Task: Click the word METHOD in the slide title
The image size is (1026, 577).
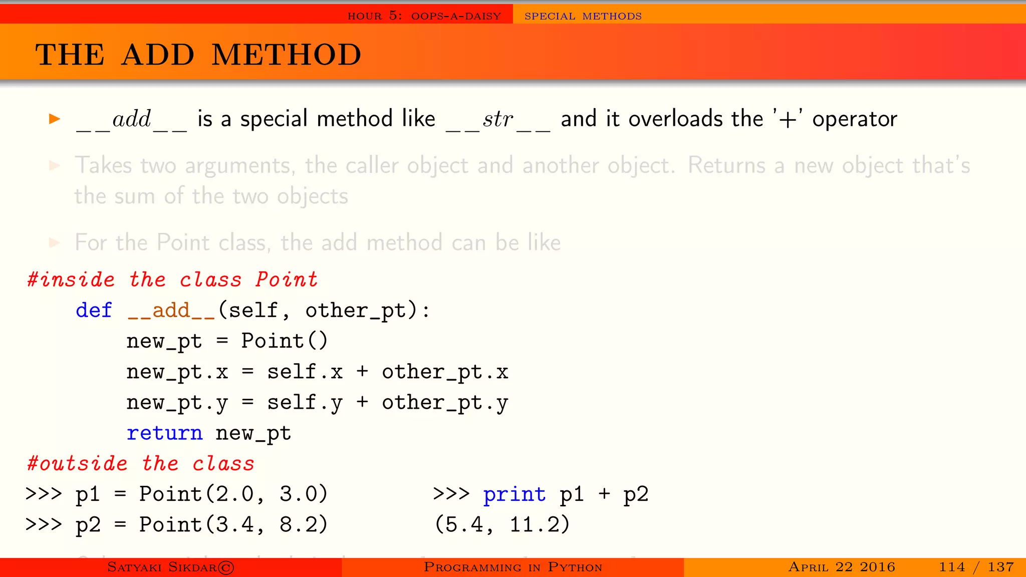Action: (286, 55)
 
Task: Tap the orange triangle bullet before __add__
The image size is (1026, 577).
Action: (55, 119)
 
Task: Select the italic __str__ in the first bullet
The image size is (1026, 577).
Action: (498, 120)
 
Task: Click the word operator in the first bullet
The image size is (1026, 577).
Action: (854, 120)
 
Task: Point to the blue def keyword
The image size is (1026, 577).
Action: (94, 311)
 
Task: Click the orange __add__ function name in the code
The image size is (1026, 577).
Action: (171, 311)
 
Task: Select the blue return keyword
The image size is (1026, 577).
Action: (164, 433)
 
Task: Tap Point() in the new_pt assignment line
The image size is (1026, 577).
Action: (284, 341)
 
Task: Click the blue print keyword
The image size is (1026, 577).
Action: (514, 495)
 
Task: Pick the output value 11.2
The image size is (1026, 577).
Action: (540, 525)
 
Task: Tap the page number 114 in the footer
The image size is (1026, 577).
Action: (951, 567)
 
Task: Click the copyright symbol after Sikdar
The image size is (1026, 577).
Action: (226, 567)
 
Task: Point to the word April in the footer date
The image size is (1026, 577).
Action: (808, 567)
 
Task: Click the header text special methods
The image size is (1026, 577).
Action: (583, 16)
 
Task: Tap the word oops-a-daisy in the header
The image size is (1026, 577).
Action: (456, 16)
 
